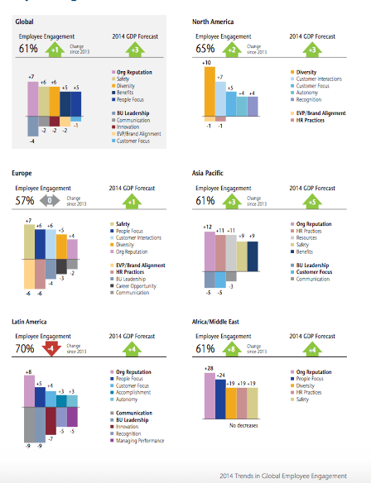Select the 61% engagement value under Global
27,49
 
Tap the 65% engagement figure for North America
204,49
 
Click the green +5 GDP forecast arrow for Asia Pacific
311,199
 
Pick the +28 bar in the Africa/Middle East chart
209,390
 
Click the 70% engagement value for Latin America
27,348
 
